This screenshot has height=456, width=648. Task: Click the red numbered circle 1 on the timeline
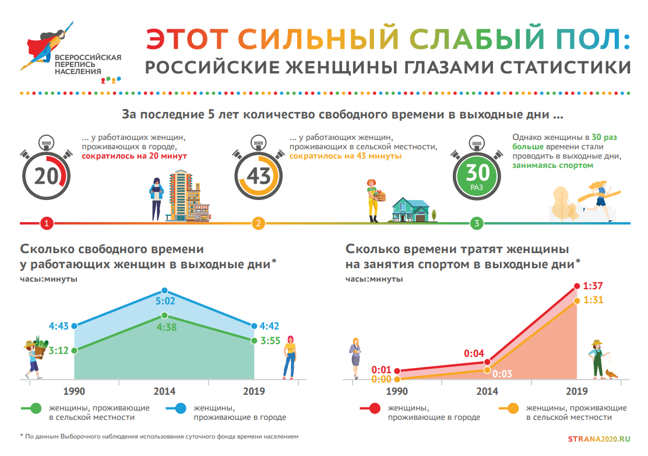click(x=47, y=223)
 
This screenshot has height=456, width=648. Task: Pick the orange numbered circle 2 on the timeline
click(x=258, y=223)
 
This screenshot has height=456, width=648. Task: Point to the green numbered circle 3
click(x=477, y=223)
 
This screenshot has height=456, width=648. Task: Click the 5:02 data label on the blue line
click(x=165, y=301)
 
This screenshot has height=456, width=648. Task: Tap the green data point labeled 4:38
click(x=164, y=315)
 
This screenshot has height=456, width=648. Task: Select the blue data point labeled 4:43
click(x=75, y=326)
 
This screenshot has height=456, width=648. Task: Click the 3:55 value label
click(x=270, y=341)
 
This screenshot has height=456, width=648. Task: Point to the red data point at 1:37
click(x=577, y=286)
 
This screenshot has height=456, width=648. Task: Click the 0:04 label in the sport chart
click(x=474, y=353)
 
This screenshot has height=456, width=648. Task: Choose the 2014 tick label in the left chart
click(x=164, y=391)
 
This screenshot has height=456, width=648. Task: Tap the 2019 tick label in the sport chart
click(x=576, y=391)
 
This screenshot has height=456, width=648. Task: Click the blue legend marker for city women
click(x=181, y=408)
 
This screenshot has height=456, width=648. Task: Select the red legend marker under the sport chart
click(x=375, y=408)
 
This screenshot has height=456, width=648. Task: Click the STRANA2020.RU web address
click(x=599, y=439)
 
